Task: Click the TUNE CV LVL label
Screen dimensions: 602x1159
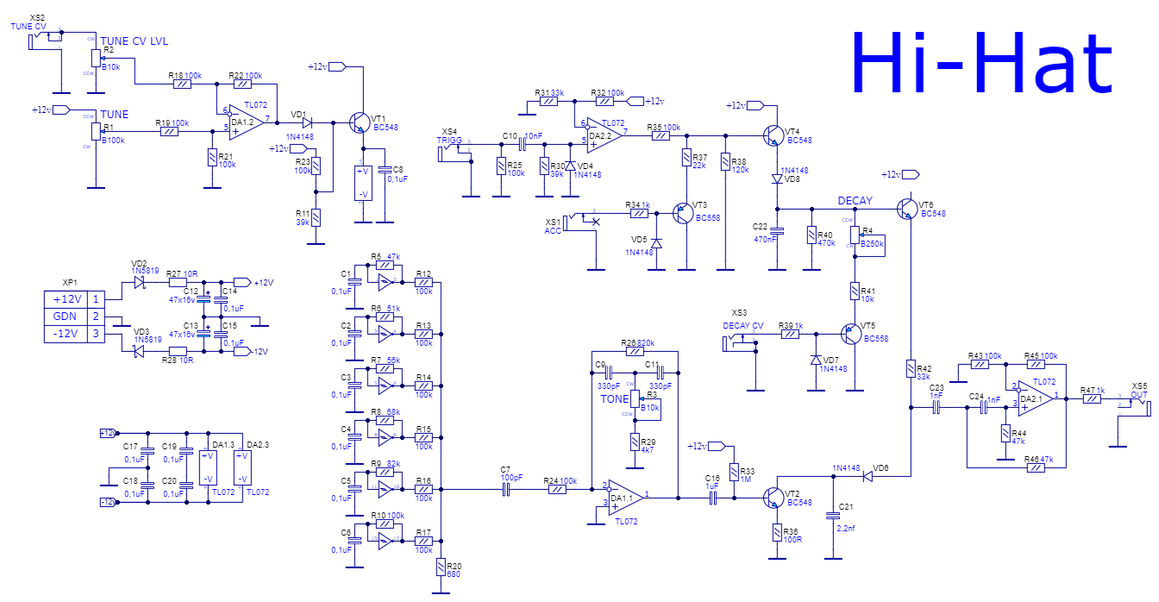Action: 134,41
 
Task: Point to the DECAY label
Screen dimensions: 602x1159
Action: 855,201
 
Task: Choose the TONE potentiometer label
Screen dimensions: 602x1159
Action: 614,399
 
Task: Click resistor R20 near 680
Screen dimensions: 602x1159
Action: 441,568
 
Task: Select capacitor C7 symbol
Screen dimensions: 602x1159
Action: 506,490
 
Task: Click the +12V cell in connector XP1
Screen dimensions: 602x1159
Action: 66,299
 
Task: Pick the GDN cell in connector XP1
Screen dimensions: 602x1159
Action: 66,317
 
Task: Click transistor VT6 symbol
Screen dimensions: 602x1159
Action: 905,208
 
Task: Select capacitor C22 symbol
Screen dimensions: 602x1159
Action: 777,230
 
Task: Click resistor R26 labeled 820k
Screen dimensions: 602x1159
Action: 634,351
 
